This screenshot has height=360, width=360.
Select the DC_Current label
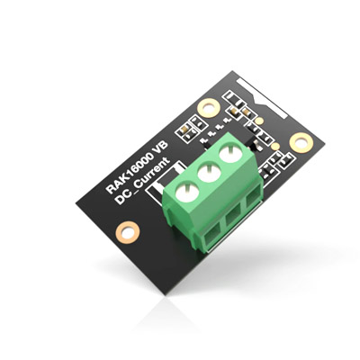pyautogui.click(x=143, y=181)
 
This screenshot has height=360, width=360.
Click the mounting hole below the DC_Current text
pyautogui.click(x=128, y=232)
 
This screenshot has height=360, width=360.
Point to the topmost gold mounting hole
pyautogui.click(x=208, y=107)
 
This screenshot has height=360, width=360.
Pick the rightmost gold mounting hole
pyautogui.click(x=301, y=143)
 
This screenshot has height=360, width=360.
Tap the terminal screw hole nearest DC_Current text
pyautogui.click(x=187, y=192)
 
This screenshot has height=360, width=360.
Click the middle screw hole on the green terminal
pyautogui.click(x=209, y=173)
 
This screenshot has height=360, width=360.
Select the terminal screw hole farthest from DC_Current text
pyautogui.click(x=230, y=155)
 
